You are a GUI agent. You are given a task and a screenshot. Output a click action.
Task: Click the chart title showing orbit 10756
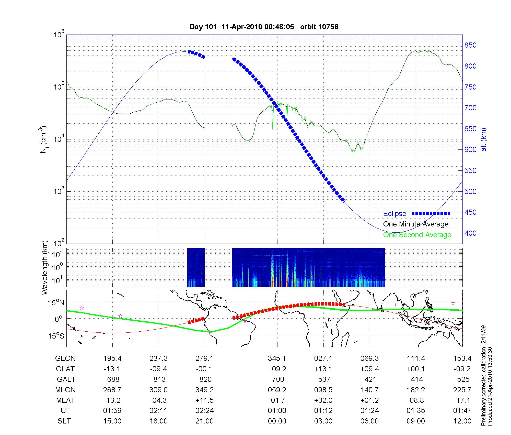(264, 27)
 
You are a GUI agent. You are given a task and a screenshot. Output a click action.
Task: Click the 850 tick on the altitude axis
(470, 45)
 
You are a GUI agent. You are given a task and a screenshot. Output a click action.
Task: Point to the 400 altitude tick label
(470, 233)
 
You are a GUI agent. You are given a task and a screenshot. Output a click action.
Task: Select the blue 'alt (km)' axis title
(483, 139)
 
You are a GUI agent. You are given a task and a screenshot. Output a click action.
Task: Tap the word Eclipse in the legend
(394, 214)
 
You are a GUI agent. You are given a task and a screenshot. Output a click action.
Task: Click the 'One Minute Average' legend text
(416, 224)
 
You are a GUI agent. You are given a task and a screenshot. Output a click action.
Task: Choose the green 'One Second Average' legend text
(417, 235)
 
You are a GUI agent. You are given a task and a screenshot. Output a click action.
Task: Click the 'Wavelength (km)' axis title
(45, 267)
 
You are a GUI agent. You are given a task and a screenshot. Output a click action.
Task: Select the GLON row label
(65, 358)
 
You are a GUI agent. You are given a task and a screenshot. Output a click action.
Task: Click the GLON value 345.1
(277, 358)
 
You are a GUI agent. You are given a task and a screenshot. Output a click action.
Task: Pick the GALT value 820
(205, 379)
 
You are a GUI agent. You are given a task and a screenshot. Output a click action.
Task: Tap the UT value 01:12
(323, 411)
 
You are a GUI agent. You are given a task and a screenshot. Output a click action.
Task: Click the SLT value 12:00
(462, 421)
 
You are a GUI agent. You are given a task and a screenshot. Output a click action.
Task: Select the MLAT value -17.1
(462, 400)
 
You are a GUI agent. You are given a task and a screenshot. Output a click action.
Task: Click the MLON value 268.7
(112, 390)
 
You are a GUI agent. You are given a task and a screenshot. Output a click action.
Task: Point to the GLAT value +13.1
(323, 369)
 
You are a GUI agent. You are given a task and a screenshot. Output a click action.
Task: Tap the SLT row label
(64, 421)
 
